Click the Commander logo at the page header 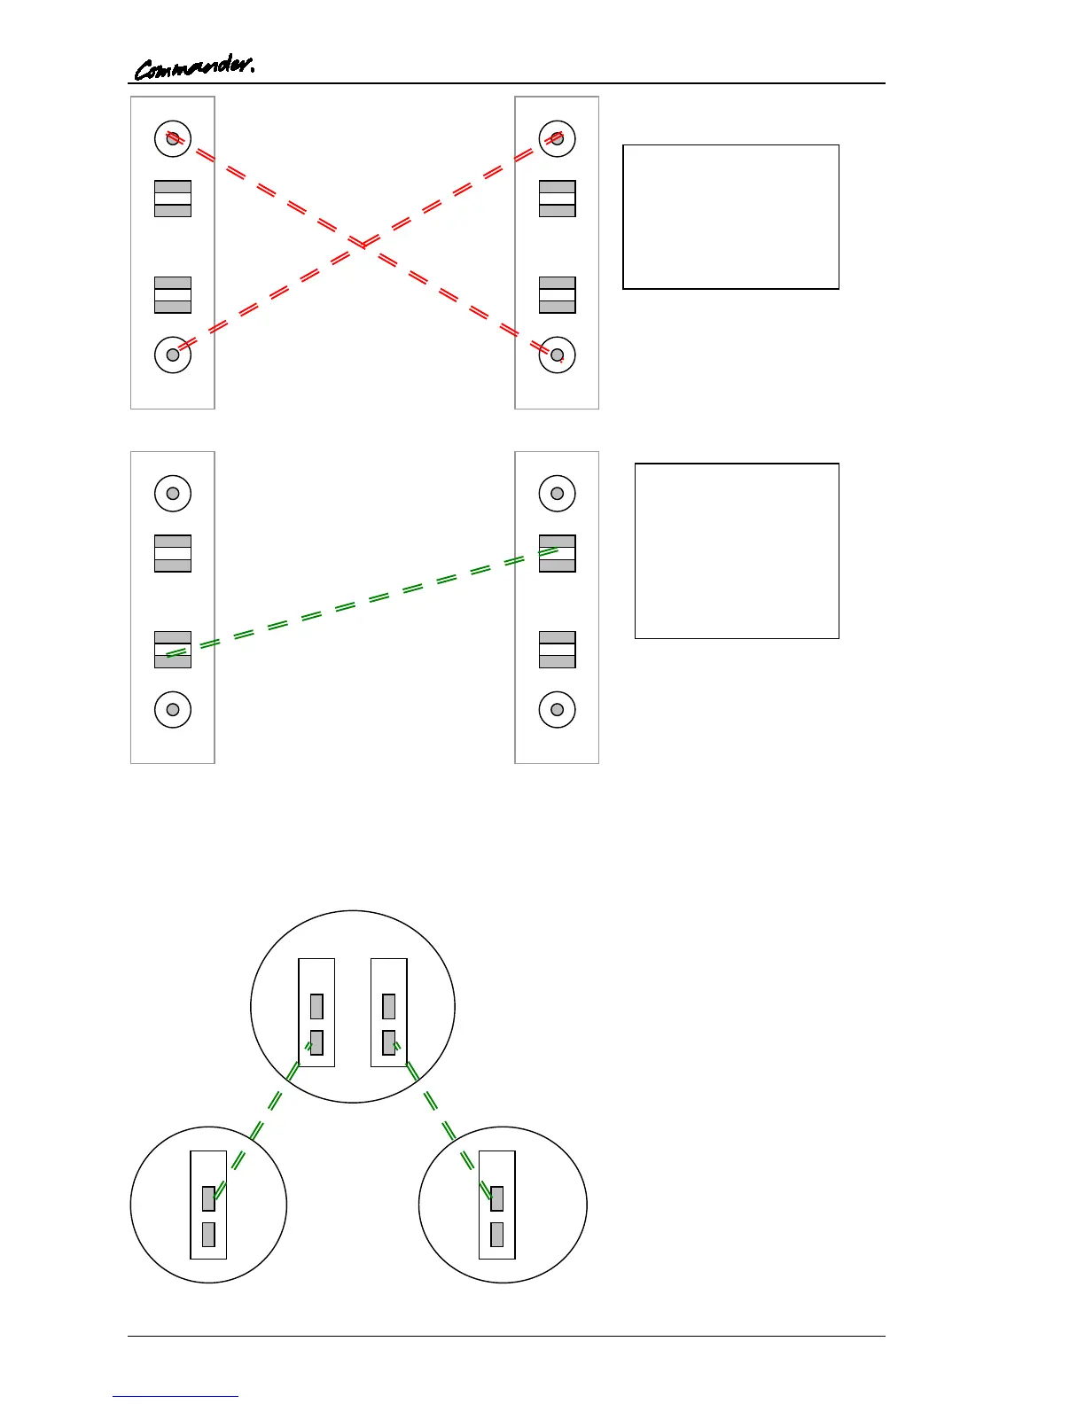pyautogui.click(x=194, y=66)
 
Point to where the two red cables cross pyautogui.click(x=363, y=243)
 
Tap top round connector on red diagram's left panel pyautogui.click(x=173, y=139)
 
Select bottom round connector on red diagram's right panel pyautogui.click(x=557, y=355)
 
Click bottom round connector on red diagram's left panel pyautogui.click(x=173, y=355)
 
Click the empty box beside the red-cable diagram pyautogui.click(x=730, y=217)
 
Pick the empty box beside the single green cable pyautogui.click(x=737, y=550)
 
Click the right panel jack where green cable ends pyautogui.click(x=557, y=553)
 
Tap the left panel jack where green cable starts pyautogui.click(x=173, y=650)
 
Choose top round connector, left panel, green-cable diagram pyautogui.click(x=173, y=494)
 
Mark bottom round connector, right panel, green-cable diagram pyautogui.click(x=557, y=710)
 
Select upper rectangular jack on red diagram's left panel pyautogui.click(x=173, y=199)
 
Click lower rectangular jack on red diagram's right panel pyautogui.click(x=557, y=295)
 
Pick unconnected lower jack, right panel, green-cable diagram pyautogui.click(x=557, y=650)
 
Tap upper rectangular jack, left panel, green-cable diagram pyautogui.click(x=173, y=553)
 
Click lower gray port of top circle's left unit pyautogui.click(x=316, y=1042)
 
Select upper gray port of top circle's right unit pyautogui.click(x=388, y=1006)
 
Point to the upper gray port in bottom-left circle pyautogui.click(x=208, y=1198)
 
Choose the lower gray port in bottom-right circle pyautogui.click(x=496, y=1235)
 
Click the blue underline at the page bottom pyautogui.click(x=176, y=1397)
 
